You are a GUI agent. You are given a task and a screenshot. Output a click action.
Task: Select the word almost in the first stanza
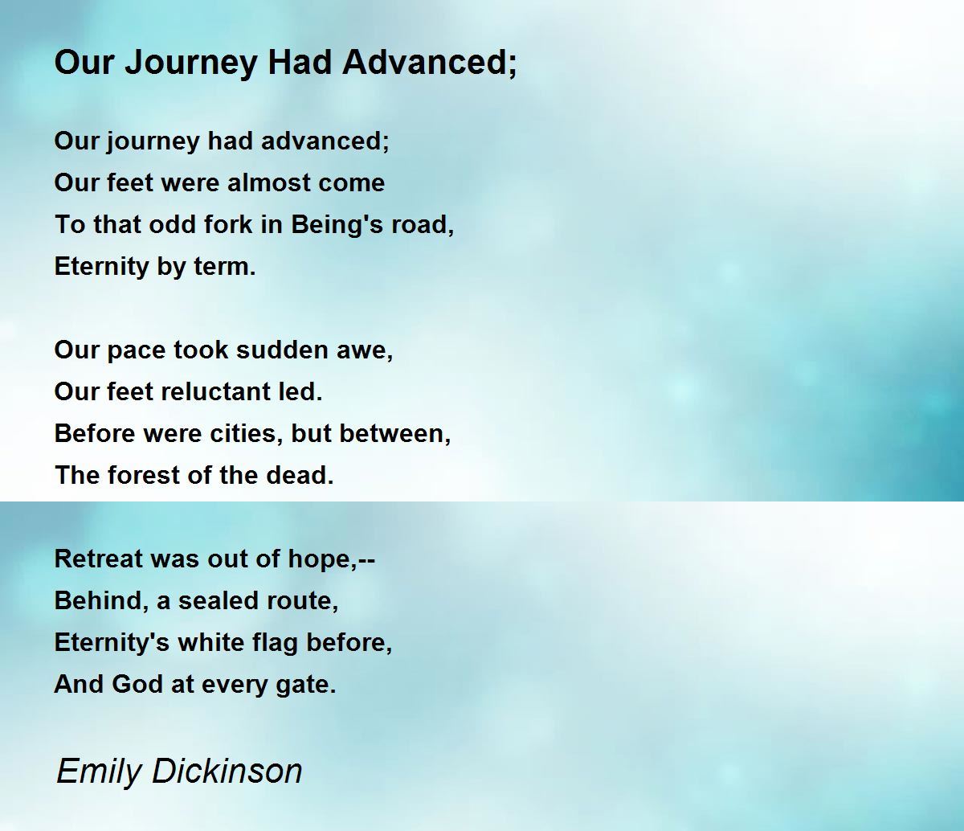click(268, 182)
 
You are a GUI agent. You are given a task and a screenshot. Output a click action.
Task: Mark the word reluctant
click(216, 391)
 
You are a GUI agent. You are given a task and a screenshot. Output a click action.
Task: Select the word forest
click(144, 475)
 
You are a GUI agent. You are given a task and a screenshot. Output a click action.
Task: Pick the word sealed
click(219, 600)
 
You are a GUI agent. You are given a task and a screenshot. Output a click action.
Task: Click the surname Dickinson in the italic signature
click(227, 771)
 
